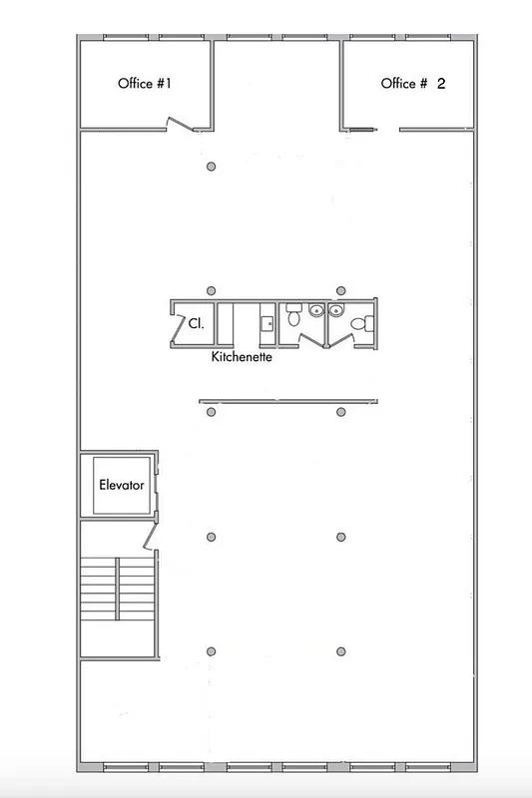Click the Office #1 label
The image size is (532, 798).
tap(146, 84)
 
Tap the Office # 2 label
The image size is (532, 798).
tap(412, 84)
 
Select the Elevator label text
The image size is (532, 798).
tap(122, 486)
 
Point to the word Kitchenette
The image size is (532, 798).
tap(243, 355)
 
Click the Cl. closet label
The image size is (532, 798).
tap(197, 323)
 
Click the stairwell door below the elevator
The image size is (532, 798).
tap(150, 539)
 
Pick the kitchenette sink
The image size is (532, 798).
tap(267, 323)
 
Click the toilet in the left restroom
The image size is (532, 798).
tap(293, 319)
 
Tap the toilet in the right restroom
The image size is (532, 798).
tap(365, 321)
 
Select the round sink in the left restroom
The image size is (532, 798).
tap(316, 310)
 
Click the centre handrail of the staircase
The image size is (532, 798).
tap(118, 605)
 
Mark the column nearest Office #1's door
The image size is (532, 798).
tap(210, 167)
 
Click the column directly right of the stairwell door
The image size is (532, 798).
tap(211, 538)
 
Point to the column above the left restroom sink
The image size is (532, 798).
tap(341, 290)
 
